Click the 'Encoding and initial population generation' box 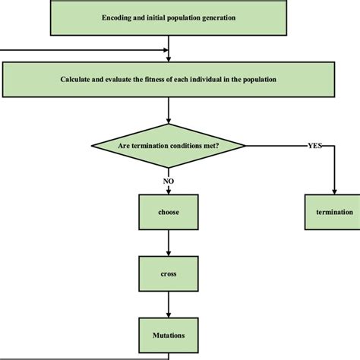(x=169, y=17)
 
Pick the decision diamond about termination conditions (x=169, y=144)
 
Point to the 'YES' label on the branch (x=314, y=144)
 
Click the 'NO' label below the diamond (x=169, y=181)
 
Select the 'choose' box (x=169, y=213)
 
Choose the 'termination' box (x=334, y=213)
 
